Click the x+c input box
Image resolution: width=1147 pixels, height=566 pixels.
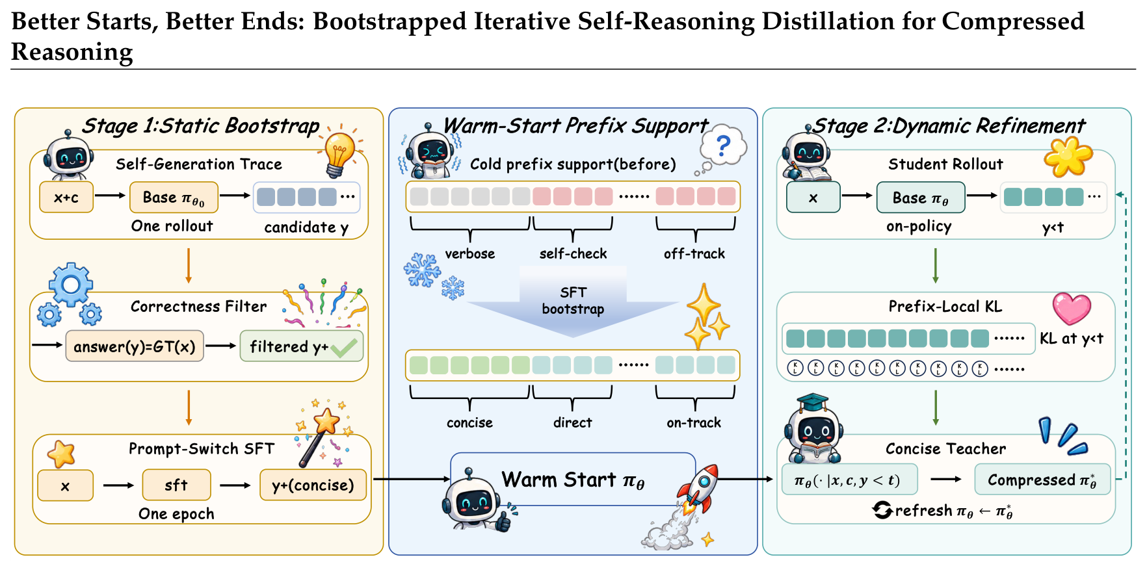[66, 197]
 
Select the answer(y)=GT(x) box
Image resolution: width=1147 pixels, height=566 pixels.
[135, 346]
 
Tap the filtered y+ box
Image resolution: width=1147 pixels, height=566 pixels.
[302, 346]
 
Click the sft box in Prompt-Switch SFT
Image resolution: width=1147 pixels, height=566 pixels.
[176, 485]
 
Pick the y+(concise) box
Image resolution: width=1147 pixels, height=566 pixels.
[313, 485]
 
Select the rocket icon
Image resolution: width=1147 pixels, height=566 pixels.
[699, 487]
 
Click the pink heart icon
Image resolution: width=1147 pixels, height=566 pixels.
[1072, 308]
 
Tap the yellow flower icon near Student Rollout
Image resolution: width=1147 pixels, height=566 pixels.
[1068, 157]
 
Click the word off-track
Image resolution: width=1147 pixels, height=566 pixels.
[694, 253]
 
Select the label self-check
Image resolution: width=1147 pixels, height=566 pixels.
[573, 253]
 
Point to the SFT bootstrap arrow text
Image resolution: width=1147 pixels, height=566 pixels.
[573, 301]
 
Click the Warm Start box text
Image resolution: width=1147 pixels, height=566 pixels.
[573, 480]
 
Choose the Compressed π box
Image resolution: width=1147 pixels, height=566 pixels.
[1042, 480]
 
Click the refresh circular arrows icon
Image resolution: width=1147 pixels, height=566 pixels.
[882, 510]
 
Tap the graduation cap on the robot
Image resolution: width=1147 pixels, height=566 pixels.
[813, 402]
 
